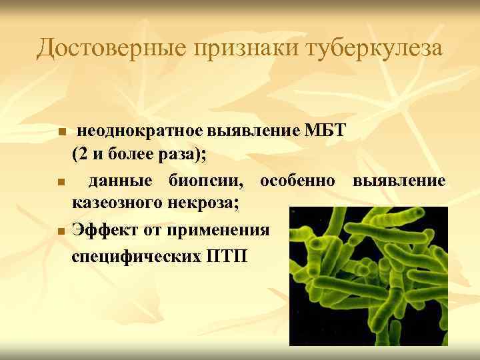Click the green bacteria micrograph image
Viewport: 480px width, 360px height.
tap(369, 276)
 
